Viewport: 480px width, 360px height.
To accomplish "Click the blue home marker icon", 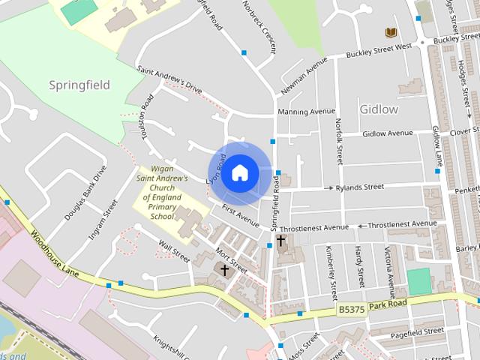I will click(x=239, y=172).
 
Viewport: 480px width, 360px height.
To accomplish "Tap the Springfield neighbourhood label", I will click(x=79, y=85).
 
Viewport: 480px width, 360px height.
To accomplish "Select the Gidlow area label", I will click(x=379, y=109).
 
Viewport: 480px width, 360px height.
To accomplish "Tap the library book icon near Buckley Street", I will click(x=390, y=32).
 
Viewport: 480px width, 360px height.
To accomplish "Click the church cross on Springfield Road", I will click(x=281, y=241).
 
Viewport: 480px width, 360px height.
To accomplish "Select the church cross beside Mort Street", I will click(x=223, y=269).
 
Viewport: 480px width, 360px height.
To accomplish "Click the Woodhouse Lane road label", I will click(x=53, y=252).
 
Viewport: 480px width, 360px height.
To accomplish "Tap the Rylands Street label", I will click(x=359, y=187).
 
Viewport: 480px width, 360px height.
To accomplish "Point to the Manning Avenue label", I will click(x=306, y=112).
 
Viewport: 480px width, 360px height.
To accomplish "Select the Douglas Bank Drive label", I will click(x=85, y=192).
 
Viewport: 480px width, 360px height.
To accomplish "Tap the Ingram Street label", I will click(x=103, y=219).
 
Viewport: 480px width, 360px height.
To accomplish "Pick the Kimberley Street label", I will click(x=329, y=271).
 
